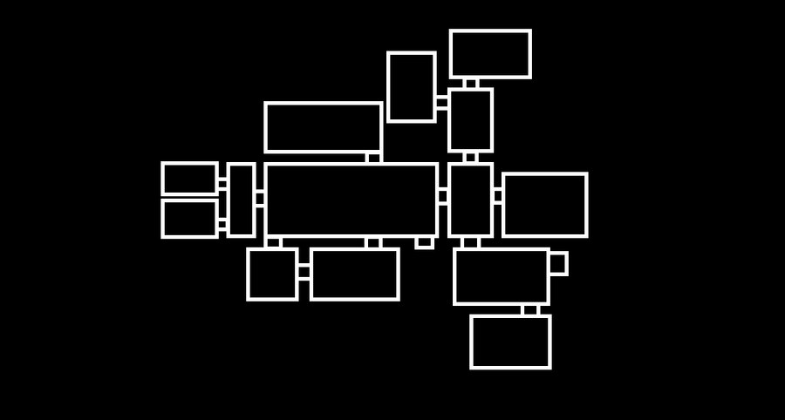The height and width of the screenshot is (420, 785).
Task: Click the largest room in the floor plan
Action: [351, 200]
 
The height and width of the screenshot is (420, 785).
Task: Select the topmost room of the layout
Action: [490, 54]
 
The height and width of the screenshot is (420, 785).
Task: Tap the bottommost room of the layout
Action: [510, 342]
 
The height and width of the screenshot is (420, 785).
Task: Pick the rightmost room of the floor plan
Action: [544, 205]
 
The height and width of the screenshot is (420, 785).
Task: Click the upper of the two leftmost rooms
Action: [189, 179]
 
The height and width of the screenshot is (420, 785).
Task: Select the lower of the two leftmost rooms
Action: [189, 218]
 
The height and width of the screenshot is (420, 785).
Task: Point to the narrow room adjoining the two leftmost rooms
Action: [241, 200]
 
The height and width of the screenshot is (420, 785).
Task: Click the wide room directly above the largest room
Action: [324, 127]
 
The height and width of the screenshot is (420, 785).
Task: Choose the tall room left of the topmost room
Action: [412, 87]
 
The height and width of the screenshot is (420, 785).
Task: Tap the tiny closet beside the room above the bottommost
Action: [557, 263]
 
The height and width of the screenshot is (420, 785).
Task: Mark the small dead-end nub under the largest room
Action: [424, 241]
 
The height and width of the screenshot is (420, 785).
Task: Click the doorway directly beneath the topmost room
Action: [471, 84]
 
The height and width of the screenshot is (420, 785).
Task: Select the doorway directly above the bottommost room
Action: [530, 310]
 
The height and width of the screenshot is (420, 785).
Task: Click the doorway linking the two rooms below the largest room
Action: [304, 273]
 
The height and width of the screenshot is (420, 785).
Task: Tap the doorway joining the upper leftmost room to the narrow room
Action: [222, 184]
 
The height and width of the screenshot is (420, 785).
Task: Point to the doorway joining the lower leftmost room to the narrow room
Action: [222, 224]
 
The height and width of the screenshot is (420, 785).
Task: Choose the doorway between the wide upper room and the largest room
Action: [373, 158]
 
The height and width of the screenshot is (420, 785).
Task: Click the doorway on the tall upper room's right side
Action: [441, 102]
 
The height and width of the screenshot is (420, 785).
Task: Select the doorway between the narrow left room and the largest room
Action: [260, 199]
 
